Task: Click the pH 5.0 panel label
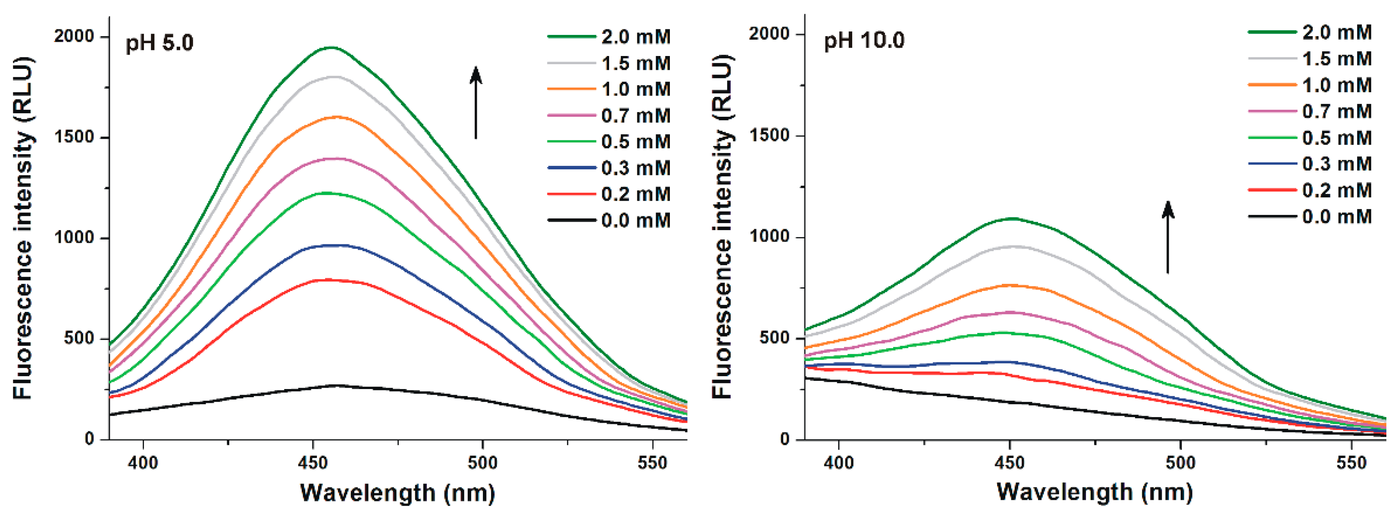[160, 43]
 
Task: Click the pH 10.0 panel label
[864, 40]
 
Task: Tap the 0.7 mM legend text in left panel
[635, 115]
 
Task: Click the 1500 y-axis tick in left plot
[74, 137]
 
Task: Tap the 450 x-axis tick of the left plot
[312, 463]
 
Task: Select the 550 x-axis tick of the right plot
[1351, 463]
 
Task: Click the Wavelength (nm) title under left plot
[397, 492]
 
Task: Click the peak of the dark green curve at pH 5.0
[331, 48]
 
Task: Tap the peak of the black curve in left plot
[337, 385]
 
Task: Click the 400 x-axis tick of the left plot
[143, 463]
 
